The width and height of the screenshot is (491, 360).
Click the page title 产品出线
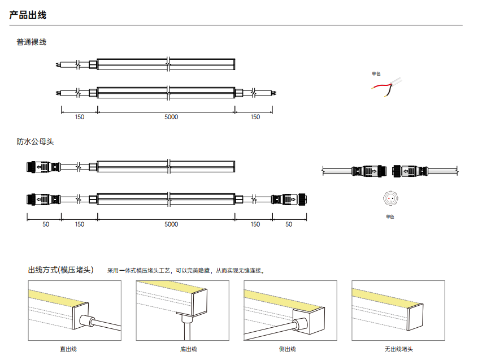(x=28, y=15)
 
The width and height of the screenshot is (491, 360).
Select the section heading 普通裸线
(x=31, y=42)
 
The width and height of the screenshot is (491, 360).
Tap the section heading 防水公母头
(x=35, y=141)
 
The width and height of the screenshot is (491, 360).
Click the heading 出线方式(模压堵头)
(x=61, y=270)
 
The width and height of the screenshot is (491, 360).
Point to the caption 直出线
(x=68, y=349)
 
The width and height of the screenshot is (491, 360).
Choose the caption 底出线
(x=189, y=349)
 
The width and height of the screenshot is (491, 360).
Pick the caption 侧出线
(x=288, y=349)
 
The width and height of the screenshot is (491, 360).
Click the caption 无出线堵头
(x=399, y=349)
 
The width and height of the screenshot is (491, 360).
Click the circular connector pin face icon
(x=390, y=198)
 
